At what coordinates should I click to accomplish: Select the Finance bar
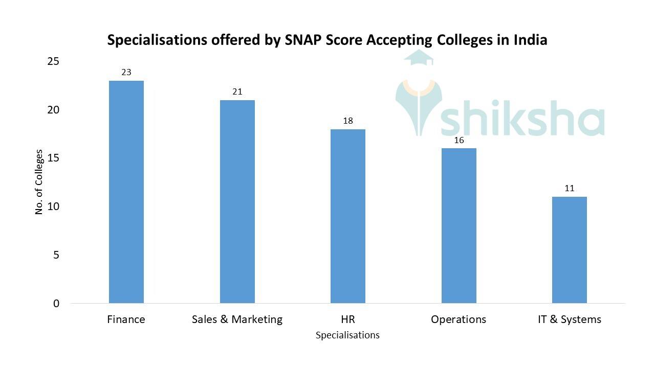coord(126,192)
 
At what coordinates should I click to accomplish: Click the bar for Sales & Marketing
coord(237,201)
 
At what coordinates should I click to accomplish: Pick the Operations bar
coord(458,225)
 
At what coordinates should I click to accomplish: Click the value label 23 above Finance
coord(126,73)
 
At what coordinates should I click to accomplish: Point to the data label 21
coord(237,92)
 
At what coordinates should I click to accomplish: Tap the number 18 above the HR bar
coord(347,121)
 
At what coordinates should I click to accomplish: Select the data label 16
coord(458,140)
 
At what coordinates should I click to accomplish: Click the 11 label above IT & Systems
coord(569,189)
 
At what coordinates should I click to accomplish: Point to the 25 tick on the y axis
coord(53,62)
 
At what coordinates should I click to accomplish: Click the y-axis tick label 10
coord(53,206)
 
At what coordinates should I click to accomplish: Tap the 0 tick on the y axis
coord(56,304)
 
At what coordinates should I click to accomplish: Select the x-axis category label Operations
coord(458,319)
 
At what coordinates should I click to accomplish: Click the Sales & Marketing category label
coord(237,319)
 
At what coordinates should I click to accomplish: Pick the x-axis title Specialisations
coord(347,335)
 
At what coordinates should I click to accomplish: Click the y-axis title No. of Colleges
coord(39,182)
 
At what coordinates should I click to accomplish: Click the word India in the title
coord(530,40)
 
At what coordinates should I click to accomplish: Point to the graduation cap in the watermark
coord(419,58)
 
